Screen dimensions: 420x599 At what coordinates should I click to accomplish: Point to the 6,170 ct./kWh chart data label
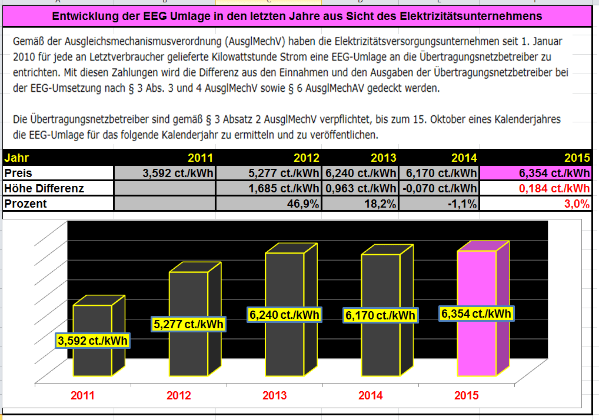380,316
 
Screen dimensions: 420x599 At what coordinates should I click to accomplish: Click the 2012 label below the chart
179,395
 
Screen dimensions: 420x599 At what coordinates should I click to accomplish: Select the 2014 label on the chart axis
371,395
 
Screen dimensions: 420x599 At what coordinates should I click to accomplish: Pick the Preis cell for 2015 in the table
535,173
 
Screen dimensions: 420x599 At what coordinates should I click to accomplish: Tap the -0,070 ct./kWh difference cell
438,188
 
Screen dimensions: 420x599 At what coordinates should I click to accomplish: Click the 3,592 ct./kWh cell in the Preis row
165,173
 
